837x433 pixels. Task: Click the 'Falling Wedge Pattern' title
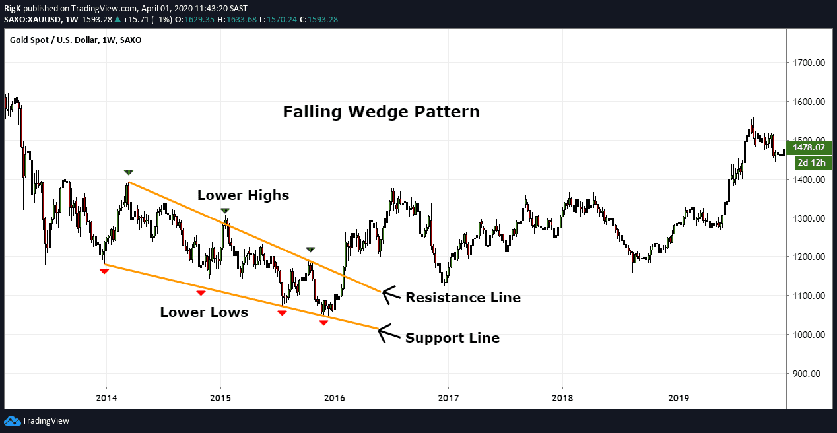tap(381, 112)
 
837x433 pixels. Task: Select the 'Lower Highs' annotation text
tap(243, 195)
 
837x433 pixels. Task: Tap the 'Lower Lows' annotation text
tap(204, 313)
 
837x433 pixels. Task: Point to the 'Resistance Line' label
tap(463, 298)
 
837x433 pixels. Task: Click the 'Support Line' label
tap(452, 338)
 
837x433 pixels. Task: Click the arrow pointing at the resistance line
tap(391, 294)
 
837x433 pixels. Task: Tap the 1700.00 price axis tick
tap(810, 63)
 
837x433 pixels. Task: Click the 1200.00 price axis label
tap(810, 257)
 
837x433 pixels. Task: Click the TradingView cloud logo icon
tap(12, 420)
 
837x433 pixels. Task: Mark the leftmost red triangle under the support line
tap(104, 271)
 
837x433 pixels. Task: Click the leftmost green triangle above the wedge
tap(128, 172)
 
